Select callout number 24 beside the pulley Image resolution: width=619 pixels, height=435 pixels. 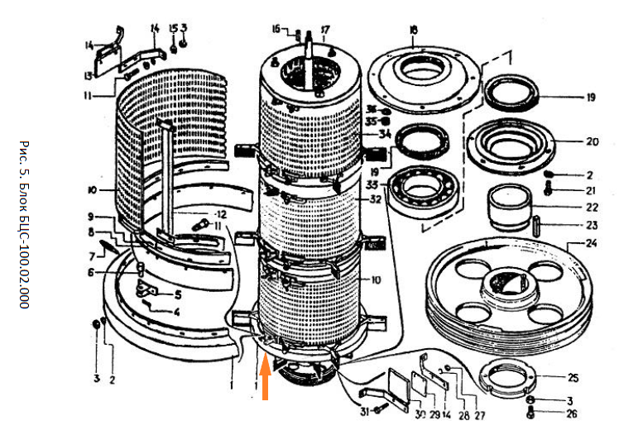coord(591,244)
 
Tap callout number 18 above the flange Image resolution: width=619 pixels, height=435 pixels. coord(413,30)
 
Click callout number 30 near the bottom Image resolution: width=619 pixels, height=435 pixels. coord(420,413)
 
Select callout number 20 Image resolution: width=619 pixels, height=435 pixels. coord(591,141)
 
